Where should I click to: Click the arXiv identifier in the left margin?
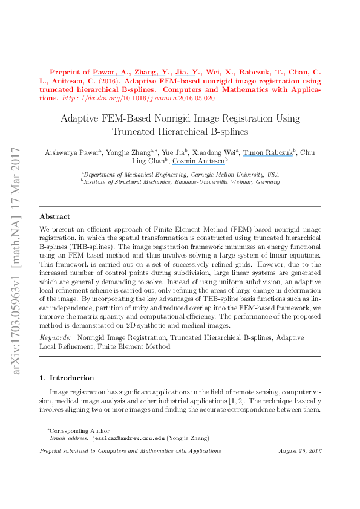click(17, 260)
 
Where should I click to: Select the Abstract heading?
click(54, 216)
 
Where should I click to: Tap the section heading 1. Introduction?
click(67, 378)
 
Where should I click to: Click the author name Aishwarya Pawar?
click(67, 152)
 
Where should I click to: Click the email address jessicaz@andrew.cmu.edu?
click(127, 438)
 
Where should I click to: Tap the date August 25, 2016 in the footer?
click(299, 451)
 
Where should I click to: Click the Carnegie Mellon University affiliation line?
click(180, 173)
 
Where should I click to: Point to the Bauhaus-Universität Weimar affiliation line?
click(180, 181)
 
